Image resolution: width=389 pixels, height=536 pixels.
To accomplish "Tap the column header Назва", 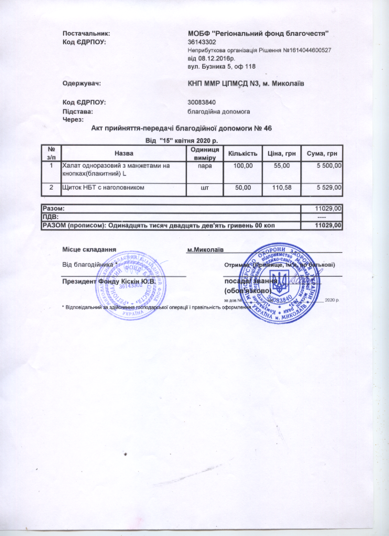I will pyautogui.click(x=124, y=153).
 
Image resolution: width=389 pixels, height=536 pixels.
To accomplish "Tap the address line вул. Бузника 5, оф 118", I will pyautogui.click(x=222, y=67).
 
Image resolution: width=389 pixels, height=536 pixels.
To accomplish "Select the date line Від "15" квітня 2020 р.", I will pyautogui.click(x=182, y=140).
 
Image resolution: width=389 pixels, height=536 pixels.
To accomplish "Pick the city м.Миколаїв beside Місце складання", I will pyautogui.click(x=205, y=249).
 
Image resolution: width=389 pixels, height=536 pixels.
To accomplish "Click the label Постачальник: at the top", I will pyautogui.click(x=86, y=33).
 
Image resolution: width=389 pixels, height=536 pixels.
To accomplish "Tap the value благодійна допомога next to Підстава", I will pyautogui.click(x=219, y=111).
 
